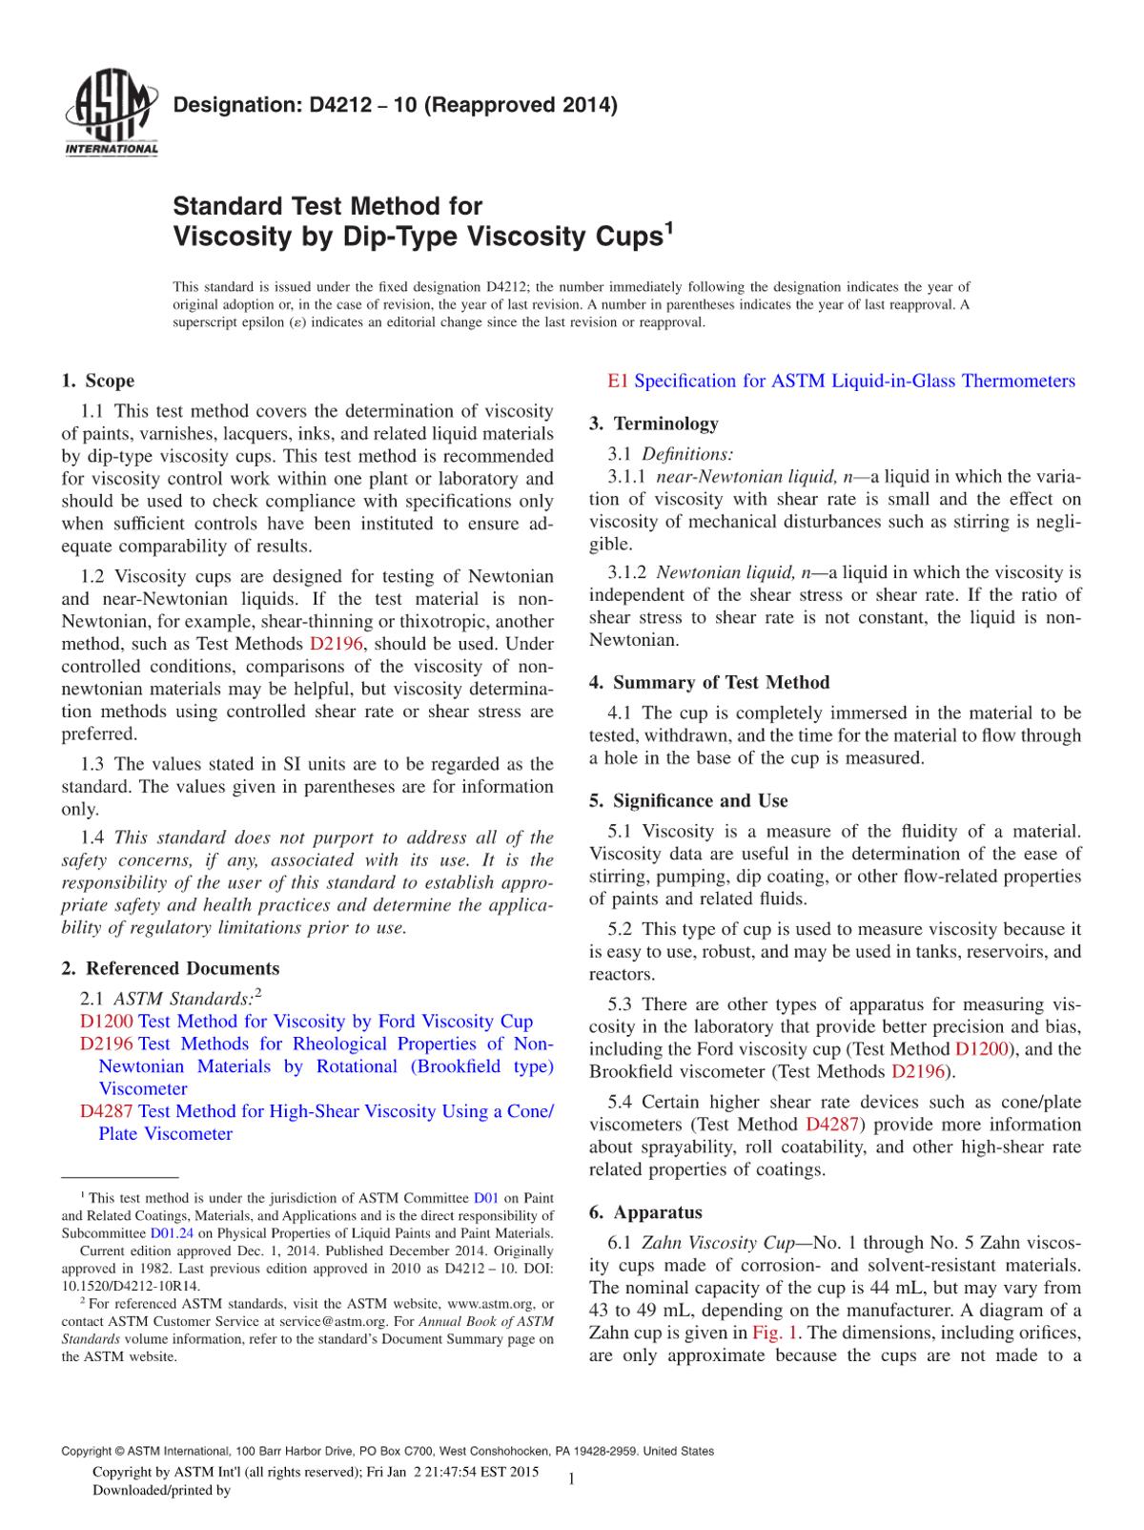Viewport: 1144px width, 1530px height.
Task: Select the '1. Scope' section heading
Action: tap(98, 382)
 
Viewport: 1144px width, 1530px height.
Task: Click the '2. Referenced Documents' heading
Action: tap(171, 969)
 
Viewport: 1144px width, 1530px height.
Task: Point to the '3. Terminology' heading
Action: tap(654, 424)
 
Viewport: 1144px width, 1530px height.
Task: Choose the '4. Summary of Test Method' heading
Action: tap(709, 683)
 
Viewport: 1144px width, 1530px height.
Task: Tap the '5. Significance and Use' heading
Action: tap(688, 801)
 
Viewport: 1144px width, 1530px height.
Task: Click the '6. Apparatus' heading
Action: tap(645, 1213)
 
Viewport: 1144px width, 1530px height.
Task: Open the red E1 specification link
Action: tap(618, 382)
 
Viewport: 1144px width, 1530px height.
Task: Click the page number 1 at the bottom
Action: tap(570, 1478)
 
